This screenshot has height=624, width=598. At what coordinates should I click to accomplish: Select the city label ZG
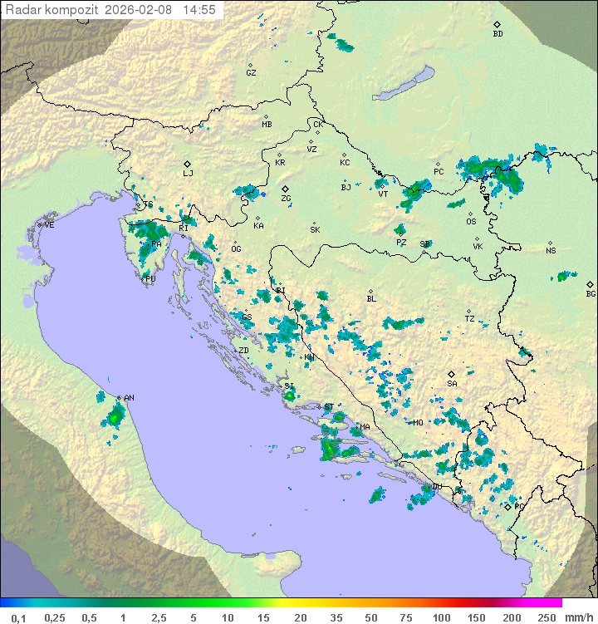286,199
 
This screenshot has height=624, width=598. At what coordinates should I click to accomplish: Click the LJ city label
188,174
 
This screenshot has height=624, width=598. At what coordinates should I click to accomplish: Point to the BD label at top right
498,34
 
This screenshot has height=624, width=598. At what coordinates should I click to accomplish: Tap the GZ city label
251,73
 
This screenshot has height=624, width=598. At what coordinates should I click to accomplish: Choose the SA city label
452,384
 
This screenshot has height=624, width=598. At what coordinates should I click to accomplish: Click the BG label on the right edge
591,294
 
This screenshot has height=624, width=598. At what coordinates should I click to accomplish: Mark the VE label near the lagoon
49,225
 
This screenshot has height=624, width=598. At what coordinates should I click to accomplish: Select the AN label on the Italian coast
129,398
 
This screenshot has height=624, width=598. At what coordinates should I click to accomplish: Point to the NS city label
551,251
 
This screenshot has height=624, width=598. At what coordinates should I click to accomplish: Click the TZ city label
469,319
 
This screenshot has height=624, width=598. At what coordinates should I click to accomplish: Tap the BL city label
371,299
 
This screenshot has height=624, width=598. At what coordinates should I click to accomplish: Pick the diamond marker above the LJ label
188,164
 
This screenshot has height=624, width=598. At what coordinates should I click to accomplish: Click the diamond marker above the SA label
451,374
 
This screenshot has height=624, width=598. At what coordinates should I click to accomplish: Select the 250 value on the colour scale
546,617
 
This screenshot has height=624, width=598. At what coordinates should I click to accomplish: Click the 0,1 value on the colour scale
18,617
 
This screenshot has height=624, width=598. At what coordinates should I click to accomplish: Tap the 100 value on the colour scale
440,617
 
